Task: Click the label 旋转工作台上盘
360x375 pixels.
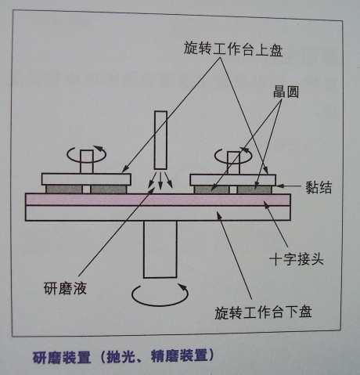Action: (x=233, y=49)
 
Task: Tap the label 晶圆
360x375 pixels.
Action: (x=286, y=92)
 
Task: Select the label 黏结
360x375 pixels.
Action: (x=319, y=187)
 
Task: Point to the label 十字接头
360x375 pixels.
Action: (x=297, y=259)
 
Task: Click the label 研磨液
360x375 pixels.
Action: (x=65, y=289)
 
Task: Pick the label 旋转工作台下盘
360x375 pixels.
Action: (x=263, y=312)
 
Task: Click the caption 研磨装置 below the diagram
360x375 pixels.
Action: (x=62, y=357)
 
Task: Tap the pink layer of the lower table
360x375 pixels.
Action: (x=158, y=200)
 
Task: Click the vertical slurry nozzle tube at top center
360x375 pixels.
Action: (x=160, y=140)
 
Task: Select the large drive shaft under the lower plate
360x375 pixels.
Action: (x=160, y=249)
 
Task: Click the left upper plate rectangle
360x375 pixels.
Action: (x=86, y=179)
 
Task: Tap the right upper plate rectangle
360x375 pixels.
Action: (x=232, y=180)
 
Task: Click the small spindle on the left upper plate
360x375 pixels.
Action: (x=87, y=162)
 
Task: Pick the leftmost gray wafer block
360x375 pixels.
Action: (x=64, y=189)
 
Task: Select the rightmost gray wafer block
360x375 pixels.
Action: (x=254, y=189)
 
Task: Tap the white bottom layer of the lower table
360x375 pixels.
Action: (x=158, y=213)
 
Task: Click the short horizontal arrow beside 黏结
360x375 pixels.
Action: (x=289, y=186)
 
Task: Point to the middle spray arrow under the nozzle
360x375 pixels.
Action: (x=160, y=180)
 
